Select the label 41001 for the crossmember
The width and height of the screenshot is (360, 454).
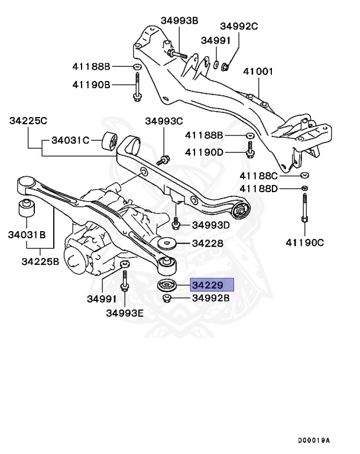click(260, 72)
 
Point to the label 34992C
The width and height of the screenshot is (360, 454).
click(239, 26)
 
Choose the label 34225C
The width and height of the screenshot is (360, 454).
click(28, 121)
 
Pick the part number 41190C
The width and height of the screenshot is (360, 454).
click(305, 242)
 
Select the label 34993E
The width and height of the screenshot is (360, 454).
click(125, 313)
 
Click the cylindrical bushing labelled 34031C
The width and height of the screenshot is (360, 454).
click(109, 142)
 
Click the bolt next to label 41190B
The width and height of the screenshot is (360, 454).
click(137, 86)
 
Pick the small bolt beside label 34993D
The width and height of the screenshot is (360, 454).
click(176, 224)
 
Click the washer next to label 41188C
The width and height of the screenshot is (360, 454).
click(304, 175)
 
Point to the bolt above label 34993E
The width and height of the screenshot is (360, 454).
click(125, 281)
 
